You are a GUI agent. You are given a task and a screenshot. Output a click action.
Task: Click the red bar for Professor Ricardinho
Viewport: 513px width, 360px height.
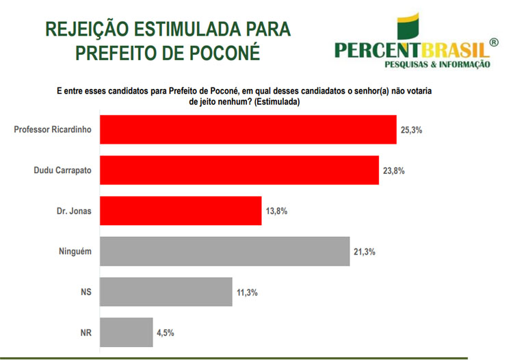click(248, 129)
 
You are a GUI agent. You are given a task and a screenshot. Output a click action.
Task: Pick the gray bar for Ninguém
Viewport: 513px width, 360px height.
click(225, 252)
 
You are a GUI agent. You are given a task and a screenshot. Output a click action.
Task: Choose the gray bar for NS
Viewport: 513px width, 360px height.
click(166, 292)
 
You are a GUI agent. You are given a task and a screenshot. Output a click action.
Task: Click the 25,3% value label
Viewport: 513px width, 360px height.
click(412, 129)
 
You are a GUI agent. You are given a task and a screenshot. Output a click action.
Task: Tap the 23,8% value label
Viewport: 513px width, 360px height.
click(394, 170)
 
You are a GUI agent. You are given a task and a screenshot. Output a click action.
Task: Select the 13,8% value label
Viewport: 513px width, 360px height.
click(276, 211)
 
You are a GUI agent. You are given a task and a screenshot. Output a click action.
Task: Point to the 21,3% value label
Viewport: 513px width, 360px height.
click(365, 252)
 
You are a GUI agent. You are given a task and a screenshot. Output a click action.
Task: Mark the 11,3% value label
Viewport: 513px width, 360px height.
click(247, 292)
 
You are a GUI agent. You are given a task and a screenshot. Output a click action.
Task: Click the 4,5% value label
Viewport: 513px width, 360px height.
click(165, 332)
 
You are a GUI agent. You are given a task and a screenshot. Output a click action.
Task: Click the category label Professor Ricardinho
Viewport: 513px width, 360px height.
click(53, 129)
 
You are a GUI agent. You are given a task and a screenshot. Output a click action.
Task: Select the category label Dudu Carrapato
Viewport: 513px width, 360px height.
click(63, 170)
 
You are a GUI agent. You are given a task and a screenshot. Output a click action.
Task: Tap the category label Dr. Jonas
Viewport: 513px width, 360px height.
click(76, 211)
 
